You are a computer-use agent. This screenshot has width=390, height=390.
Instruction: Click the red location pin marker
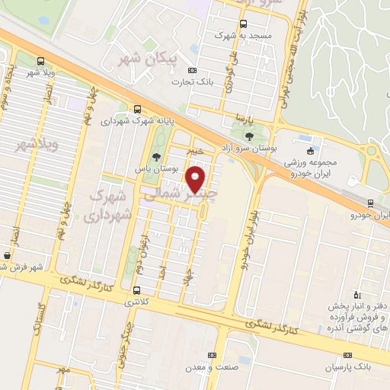pos(197,180)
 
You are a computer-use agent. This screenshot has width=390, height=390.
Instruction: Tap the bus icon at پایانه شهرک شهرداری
pos(137,109)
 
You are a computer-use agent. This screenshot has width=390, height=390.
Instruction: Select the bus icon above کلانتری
pos(136,289)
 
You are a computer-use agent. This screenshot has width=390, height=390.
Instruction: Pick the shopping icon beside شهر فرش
pos(7,256)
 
